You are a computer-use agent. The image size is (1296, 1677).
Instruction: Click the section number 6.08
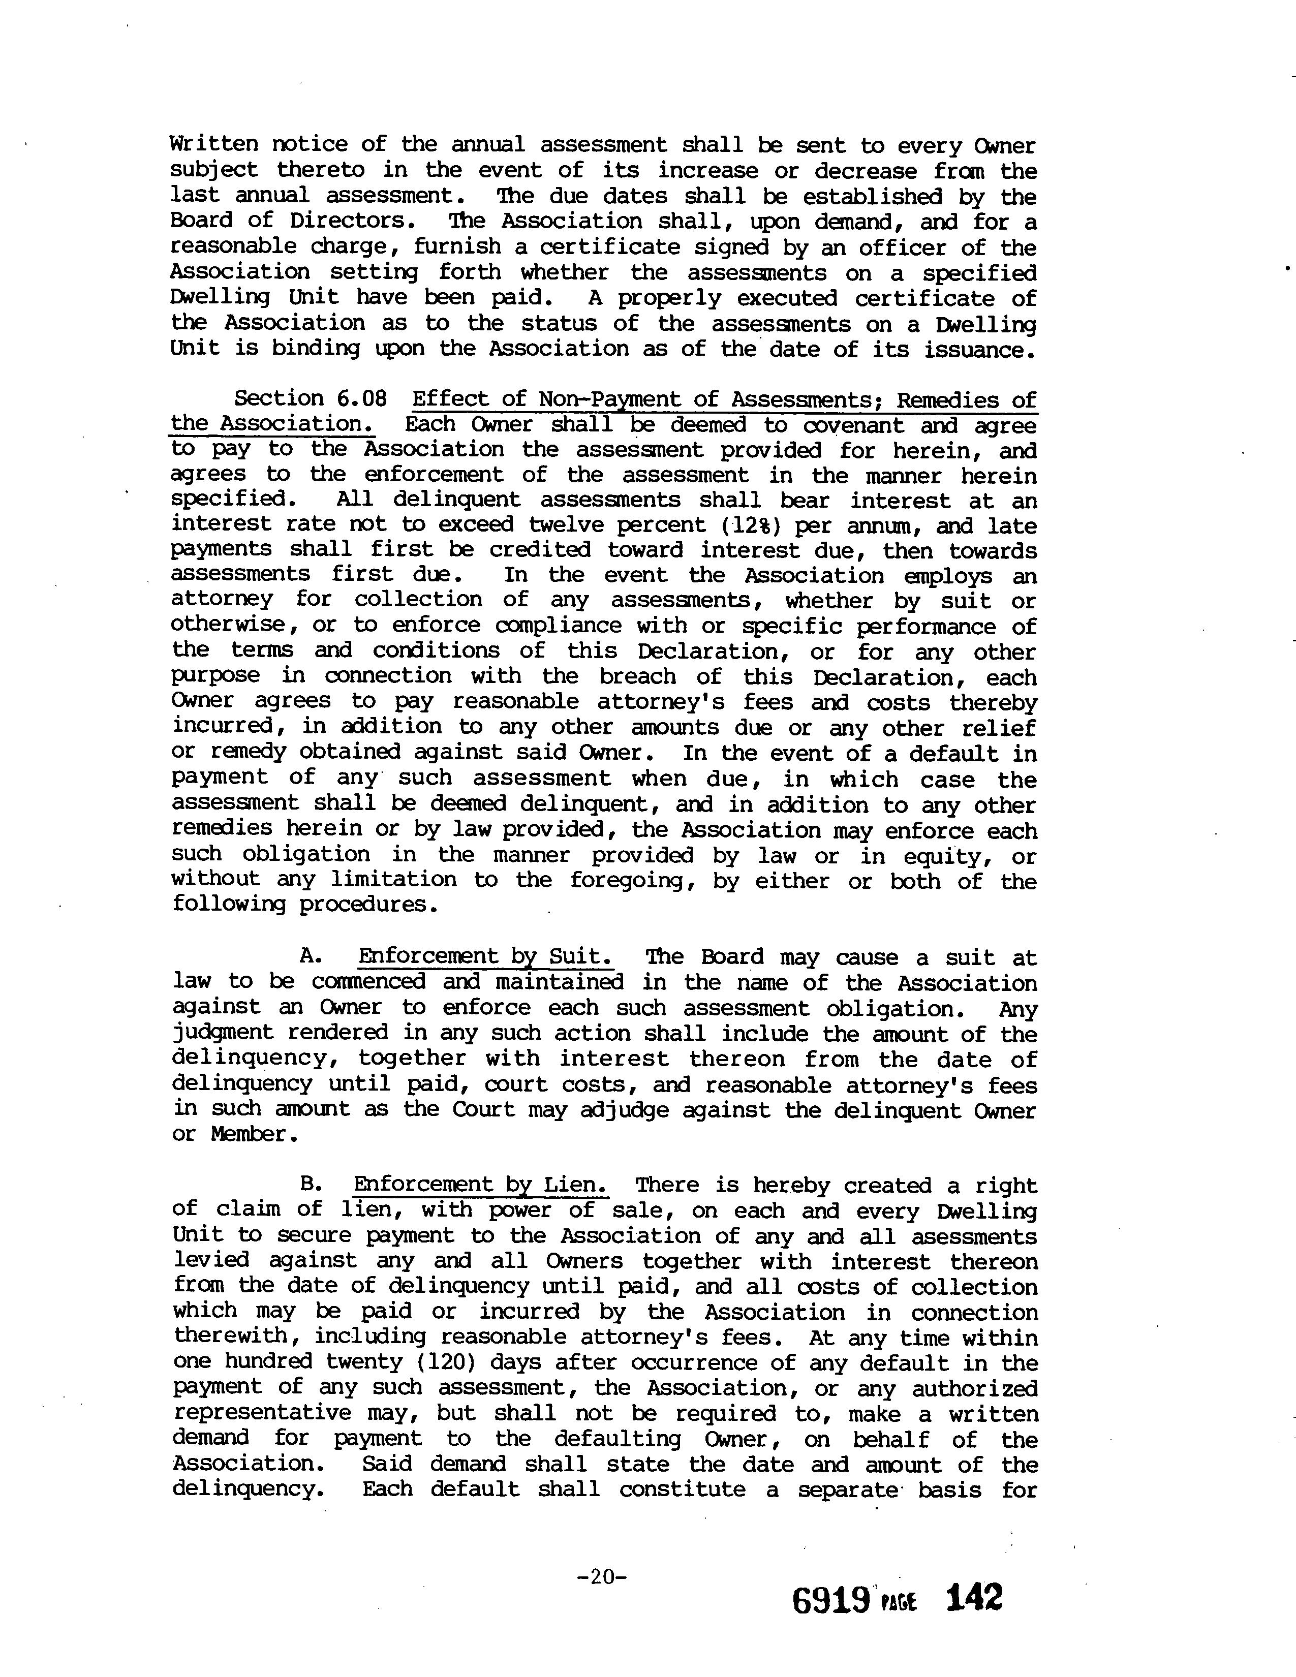361,398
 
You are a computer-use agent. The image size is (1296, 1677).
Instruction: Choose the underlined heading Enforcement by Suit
485,957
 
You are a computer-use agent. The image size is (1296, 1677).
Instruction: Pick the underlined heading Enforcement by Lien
481,1185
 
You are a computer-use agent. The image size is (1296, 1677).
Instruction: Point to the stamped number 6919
830,1599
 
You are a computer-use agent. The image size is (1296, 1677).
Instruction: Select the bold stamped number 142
974,1598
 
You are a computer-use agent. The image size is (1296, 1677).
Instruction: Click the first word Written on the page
212,144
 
